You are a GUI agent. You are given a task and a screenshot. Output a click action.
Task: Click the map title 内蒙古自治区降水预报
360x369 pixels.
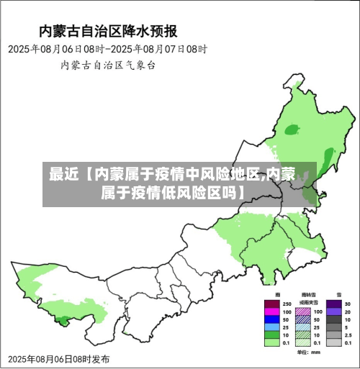tap(108, 31)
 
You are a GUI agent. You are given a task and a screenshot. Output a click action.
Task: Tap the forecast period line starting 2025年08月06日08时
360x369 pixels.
tap(108, 49)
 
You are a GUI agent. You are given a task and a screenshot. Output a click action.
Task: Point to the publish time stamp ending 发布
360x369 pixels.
tap(59, 358)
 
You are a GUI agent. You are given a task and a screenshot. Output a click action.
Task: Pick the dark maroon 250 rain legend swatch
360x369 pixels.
tap(271, 304)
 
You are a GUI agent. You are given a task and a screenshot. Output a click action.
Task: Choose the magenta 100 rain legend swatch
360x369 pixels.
tap(271, 312)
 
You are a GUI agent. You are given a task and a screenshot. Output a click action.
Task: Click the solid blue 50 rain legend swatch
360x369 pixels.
tap(271, 319)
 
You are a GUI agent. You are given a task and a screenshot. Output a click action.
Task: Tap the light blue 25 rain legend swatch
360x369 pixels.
tap(271, 327)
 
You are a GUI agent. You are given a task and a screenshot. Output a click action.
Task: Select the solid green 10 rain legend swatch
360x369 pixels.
tap(271, 335)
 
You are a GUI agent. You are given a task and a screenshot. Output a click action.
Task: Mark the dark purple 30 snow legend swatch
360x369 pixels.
tap(334, 304)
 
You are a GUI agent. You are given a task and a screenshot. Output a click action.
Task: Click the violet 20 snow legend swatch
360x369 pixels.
tap(334, 312)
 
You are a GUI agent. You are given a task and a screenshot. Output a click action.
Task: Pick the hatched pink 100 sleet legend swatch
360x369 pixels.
tap(303, 312)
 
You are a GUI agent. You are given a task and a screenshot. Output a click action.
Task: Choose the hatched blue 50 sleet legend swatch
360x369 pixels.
tap(303, 319)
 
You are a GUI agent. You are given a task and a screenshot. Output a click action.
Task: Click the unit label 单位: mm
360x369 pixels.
tap(307, 352)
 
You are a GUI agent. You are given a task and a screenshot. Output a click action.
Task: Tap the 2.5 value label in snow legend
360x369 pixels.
tap(348, 335)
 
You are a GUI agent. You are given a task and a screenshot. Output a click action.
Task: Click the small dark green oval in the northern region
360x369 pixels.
tap(292, 130)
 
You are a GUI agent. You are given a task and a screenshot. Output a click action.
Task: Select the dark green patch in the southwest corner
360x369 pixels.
tap(63, 319)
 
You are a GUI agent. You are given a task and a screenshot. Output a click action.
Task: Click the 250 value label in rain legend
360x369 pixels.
tap(286, 304)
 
